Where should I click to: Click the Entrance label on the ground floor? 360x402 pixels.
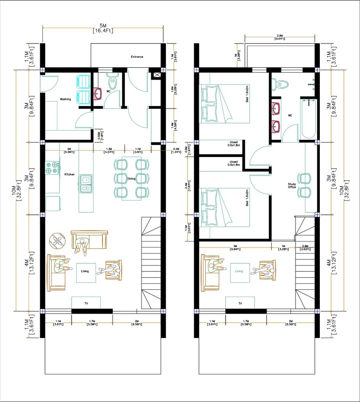point(137,57)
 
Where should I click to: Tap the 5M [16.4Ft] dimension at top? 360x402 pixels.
point(103,28)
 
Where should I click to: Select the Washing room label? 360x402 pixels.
point(65,99)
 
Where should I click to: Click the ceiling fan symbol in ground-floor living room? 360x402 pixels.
point(58,241)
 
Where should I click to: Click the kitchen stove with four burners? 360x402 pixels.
point(53,167)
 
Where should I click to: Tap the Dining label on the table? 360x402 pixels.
point(131,179)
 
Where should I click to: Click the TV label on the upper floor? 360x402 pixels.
point(240,303)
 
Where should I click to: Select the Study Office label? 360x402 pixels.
point(292,186)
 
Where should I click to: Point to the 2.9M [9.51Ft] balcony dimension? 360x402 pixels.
point(280,37)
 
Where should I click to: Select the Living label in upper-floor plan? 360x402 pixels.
point(239,271)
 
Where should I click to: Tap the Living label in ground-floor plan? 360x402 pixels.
point(85,271)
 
